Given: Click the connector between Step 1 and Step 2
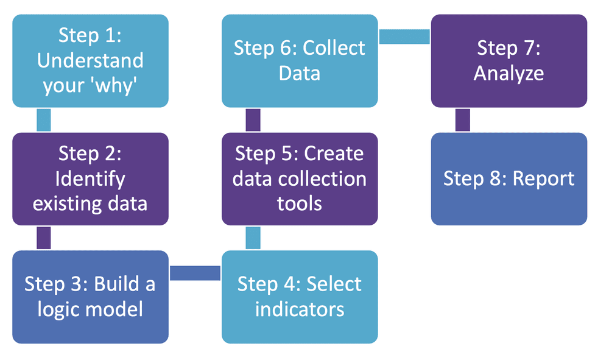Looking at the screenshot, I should tap(43, 120).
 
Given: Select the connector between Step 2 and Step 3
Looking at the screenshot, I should tap(43, 238).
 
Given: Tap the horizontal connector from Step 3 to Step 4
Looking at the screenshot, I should tap(195, 273).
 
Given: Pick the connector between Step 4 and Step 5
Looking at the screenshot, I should tap(253, 238).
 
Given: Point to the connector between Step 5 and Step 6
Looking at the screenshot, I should tap(253, 120).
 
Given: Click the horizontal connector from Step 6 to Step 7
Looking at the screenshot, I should tap(404, 37).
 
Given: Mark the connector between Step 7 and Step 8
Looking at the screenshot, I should tap(463, 120).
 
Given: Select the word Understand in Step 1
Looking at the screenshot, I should tap(90, 60).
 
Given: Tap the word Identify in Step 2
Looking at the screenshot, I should tap(90, 178).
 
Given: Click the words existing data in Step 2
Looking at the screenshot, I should tap(90, 203).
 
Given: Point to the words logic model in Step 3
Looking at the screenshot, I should tap(90, 309).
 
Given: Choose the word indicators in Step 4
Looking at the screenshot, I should tap(300, 309).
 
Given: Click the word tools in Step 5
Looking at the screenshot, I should tap(300, 203).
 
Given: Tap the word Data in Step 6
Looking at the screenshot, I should tap(300, 73).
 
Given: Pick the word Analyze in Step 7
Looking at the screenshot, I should tap(509, 73).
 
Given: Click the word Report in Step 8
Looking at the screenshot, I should tap(544, 178).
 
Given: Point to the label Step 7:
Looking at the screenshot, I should tap(509, 48).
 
